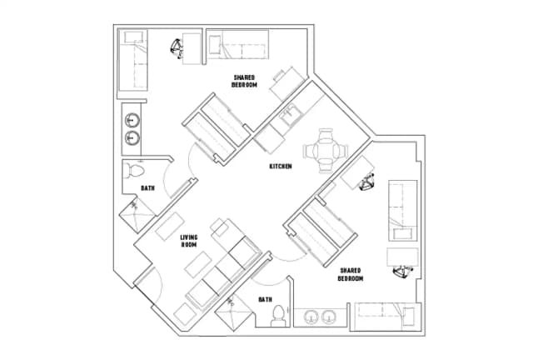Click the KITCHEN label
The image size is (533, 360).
click(x=280, y=167)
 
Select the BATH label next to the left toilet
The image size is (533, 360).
click(x=147, y=188)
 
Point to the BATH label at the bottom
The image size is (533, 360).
click(x=265, y=299)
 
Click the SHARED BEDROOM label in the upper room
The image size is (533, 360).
click(x=243, y=81)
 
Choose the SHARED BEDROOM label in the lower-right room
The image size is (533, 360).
click(x=350, y=274)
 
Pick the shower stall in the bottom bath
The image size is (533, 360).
click(x=233, y=318)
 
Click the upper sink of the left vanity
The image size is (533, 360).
click(x=131, y=120)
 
